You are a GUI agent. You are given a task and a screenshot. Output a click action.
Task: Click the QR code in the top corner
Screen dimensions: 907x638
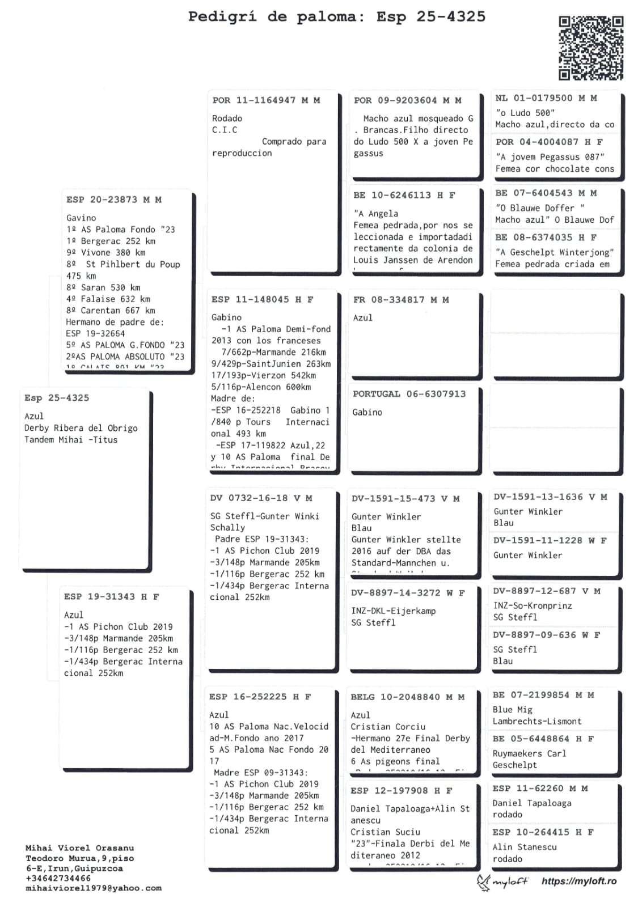590,48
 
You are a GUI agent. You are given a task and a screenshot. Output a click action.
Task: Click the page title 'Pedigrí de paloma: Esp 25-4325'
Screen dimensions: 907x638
336,17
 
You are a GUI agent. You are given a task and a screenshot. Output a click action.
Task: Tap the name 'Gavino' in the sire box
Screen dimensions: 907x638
81,218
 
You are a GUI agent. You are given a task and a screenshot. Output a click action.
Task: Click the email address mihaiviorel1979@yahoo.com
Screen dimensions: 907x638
94,888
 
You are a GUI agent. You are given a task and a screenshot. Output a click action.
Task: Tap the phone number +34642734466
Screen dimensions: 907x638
58,878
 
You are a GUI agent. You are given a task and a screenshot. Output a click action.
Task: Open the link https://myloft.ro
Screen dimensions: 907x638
578,881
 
